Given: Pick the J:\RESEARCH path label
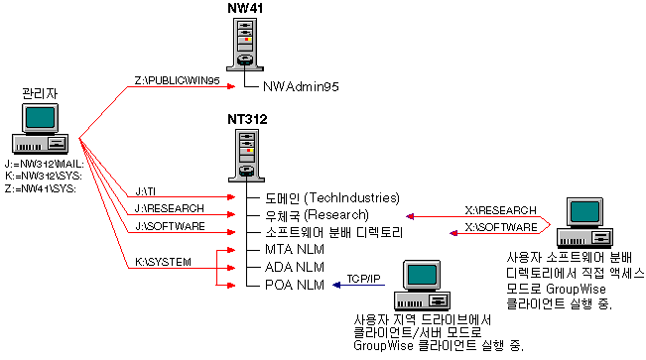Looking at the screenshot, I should [169, 208].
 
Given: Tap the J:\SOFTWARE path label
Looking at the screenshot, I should [170, 226].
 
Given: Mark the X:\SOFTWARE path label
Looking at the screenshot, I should [502, 226].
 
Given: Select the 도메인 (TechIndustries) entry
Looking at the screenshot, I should [331, 197].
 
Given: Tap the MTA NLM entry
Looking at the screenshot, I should [295, 250].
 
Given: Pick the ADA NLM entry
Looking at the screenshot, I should [295, 267].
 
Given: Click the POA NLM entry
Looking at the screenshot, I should [295, 285].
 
